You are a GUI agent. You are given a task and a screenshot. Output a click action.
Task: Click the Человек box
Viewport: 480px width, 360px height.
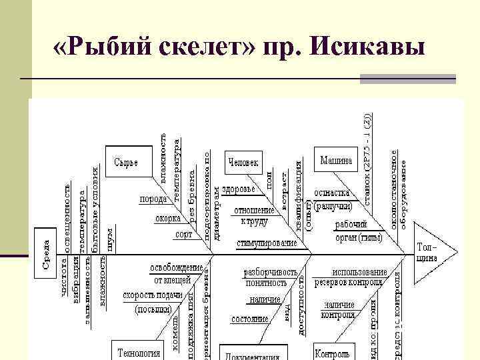coord(243,162)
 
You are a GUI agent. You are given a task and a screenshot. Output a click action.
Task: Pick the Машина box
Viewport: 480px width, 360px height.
coord(337,161)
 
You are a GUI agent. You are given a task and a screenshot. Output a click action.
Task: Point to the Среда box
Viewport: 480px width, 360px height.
coord(45,254)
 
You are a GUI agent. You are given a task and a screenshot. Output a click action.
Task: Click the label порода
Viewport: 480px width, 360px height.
coord(153,199)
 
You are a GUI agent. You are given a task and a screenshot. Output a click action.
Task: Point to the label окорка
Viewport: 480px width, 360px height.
coord(168,218)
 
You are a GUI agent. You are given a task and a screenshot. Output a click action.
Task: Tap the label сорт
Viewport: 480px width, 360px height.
coord(183,234)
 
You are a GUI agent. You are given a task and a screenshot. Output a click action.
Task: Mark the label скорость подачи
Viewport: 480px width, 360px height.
coord(151,295)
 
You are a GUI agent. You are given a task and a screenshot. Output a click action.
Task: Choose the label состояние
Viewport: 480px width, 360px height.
coord(249,319)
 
